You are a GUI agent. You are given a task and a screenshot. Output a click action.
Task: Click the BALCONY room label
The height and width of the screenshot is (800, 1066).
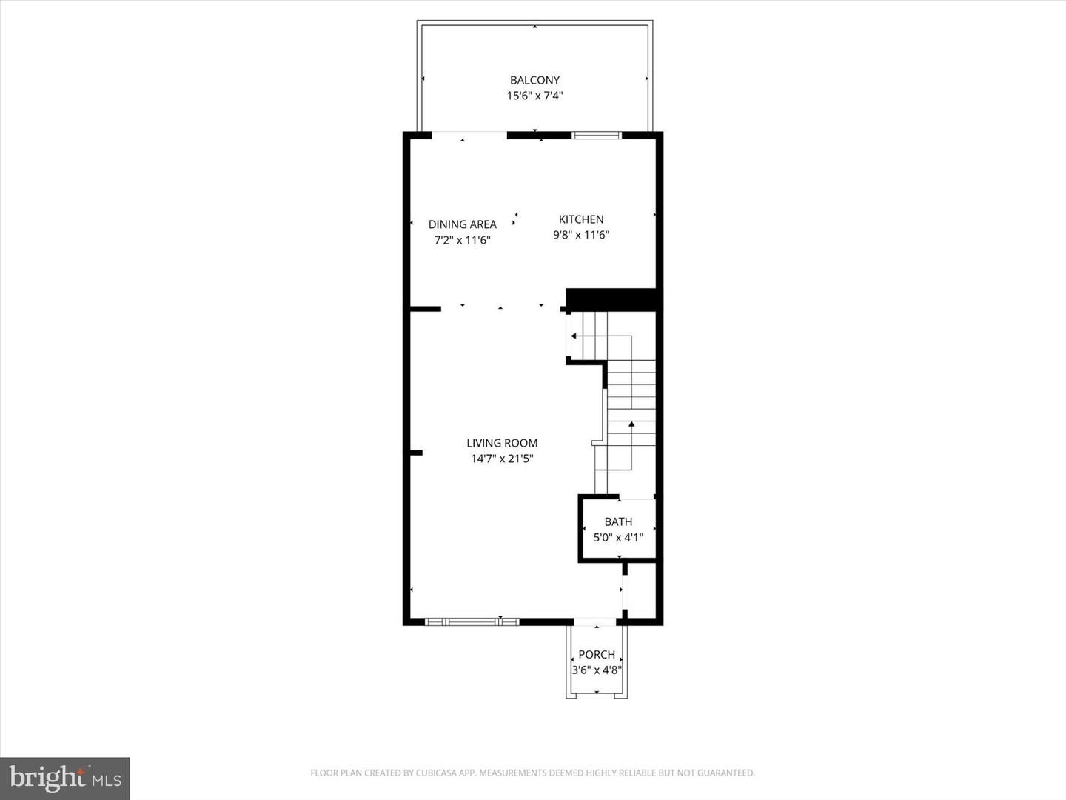pos(534,80)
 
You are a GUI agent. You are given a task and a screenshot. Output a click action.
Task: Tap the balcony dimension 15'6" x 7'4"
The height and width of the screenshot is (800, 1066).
pos(534,96)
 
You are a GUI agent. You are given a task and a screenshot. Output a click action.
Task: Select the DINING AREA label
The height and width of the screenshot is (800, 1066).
pos(462,224)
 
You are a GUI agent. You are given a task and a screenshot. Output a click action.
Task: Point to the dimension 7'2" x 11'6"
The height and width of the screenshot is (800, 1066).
pos(462,240)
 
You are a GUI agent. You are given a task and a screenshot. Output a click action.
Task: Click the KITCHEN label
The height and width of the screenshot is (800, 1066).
pos(581,219)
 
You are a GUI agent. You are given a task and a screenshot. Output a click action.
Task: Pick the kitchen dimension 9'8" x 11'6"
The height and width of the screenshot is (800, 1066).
pos(581,235)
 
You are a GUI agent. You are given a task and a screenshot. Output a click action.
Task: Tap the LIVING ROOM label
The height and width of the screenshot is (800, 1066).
pos(502,443)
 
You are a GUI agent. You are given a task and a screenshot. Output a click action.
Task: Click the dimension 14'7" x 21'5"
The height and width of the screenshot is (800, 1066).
pos(502,459)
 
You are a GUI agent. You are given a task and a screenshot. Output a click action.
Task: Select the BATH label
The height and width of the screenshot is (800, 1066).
pos(618,521)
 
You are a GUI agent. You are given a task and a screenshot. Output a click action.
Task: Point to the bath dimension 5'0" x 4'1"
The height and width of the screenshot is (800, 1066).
pos(618,537)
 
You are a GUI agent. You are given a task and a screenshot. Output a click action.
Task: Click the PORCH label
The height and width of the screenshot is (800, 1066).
pos(597,655)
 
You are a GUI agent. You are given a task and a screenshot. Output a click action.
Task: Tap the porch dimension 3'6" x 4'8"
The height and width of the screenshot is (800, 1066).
pos(597,670)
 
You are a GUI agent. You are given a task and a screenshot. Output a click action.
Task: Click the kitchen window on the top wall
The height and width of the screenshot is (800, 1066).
pos(597,135)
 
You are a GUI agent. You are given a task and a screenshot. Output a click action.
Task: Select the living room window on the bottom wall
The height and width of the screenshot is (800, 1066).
pos(472,621)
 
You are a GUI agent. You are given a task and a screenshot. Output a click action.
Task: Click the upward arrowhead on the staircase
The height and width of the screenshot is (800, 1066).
pos(631,424)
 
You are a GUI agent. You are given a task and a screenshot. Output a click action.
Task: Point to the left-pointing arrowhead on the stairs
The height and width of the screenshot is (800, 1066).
pos(574,336)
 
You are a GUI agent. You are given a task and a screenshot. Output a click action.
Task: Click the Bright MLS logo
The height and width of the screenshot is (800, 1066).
pos(65,778)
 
